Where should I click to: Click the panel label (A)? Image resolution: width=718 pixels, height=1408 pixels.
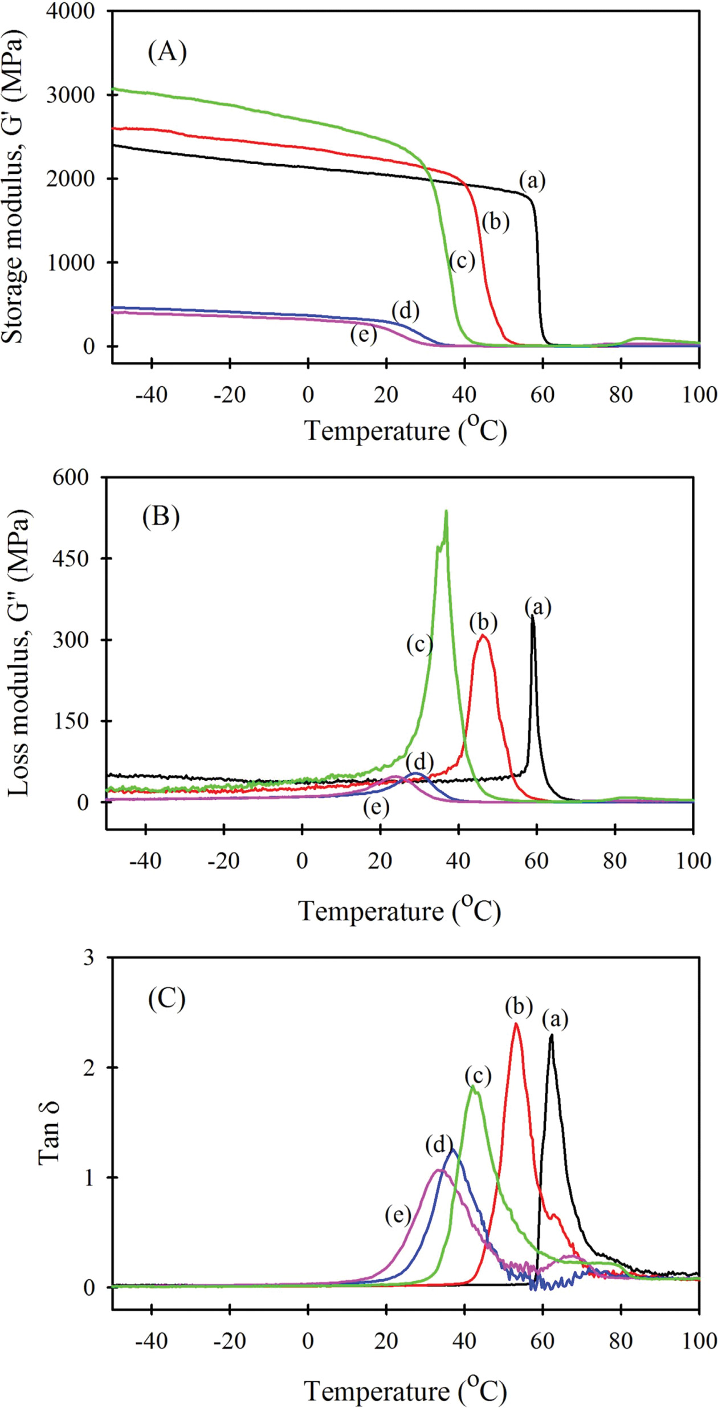[167, 52]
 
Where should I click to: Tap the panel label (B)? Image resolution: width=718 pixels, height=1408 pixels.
[161, 517]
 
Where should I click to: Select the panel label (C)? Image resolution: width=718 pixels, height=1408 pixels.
[166, 998]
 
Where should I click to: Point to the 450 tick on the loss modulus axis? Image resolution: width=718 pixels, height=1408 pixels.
[71, 559]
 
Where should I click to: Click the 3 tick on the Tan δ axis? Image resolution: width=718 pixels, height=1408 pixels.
[88, 958]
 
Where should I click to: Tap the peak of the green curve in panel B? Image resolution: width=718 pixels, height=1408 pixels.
[446, 511]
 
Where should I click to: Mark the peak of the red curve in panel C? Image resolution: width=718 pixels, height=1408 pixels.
[516, 1024]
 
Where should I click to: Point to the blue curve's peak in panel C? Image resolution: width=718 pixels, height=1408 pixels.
[453, 1150]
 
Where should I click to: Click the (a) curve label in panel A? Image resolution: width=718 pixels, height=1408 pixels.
[532, 181]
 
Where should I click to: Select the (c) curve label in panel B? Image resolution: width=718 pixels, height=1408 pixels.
[419, 644]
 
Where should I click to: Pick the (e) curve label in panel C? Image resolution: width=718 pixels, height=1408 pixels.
[398, 1216]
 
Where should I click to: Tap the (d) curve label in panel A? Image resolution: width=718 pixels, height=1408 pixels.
[405, 311]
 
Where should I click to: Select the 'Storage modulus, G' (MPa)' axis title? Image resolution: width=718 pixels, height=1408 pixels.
[14, 185]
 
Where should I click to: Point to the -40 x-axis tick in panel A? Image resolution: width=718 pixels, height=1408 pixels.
[152, 394]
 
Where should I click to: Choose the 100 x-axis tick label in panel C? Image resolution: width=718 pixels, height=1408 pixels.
[699, 1341]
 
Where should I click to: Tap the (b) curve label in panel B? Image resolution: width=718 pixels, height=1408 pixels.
[483, 623]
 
